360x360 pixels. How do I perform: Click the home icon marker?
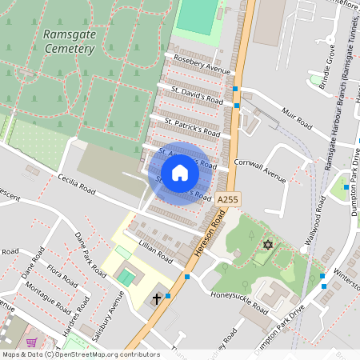(180, 173)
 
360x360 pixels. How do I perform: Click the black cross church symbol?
(157, 298)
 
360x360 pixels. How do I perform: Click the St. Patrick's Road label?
(192, 126)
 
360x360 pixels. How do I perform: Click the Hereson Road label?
(207, 232)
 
